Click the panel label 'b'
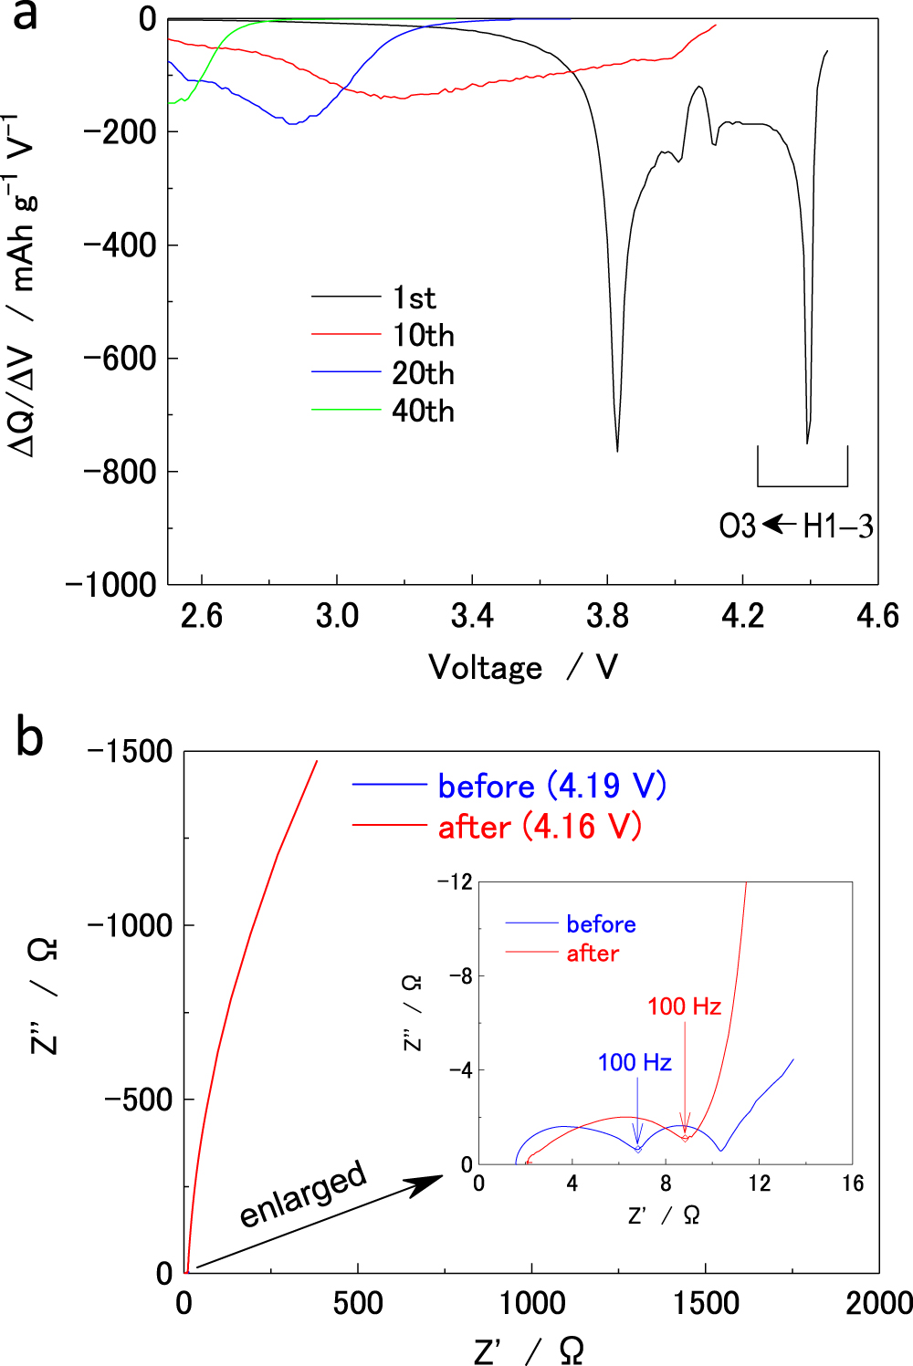[29, 736]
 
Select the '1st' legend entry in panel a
[414, 297]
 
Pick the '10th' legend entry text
[423, 336]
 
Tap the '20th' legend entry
[423, 373]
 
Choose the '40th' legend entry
[423, 412]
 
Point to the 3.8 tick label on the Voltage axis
[607, 616]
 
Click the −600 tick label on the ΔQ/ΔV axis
[120, 359]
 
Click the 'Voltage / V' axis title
[523, 667]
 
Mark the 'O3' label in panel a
[737, 527]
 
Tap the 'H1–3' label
[837, 527]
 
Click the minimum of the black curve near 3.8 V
[617, 450]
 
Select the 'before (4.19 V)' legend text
[551, 786]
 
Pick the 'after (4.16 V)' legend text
[540, 827]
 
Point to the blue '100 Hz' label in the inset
[635, 1062]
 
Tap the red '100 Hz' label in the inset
[684, 1006]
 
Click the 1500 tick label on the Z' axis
[706, 1303]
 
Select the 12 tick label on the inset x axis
[759, 1184]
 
